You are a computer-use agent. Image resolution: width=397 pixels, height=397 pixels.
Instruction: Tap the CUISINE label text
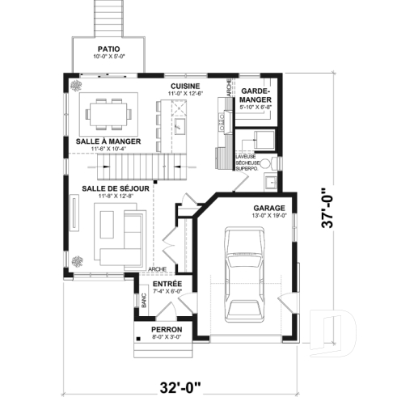click(x=185, y=86)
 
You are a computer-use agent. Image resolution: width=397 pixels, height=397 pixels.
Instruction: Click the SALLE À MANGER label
click(x=108, y=141)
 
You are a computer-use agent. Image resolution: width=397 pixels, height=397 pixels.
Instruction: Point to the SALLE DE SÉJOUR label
click(x=115, y=188)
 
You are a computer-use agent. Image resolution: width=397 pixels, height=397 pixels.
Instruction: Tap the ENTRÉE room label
click(x=167, y=285)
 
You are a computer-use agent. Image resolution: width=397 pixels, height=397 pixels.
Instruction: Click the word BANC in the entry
click(x=142, y=302)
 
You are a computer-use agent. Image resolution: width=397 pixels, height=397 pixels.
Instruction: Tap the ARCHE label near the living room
click(x=158, y=269)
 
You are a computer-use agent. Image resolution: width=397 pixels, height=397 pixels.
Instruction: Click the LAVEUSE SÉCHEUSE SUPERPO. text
click(x=246, y=162)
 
